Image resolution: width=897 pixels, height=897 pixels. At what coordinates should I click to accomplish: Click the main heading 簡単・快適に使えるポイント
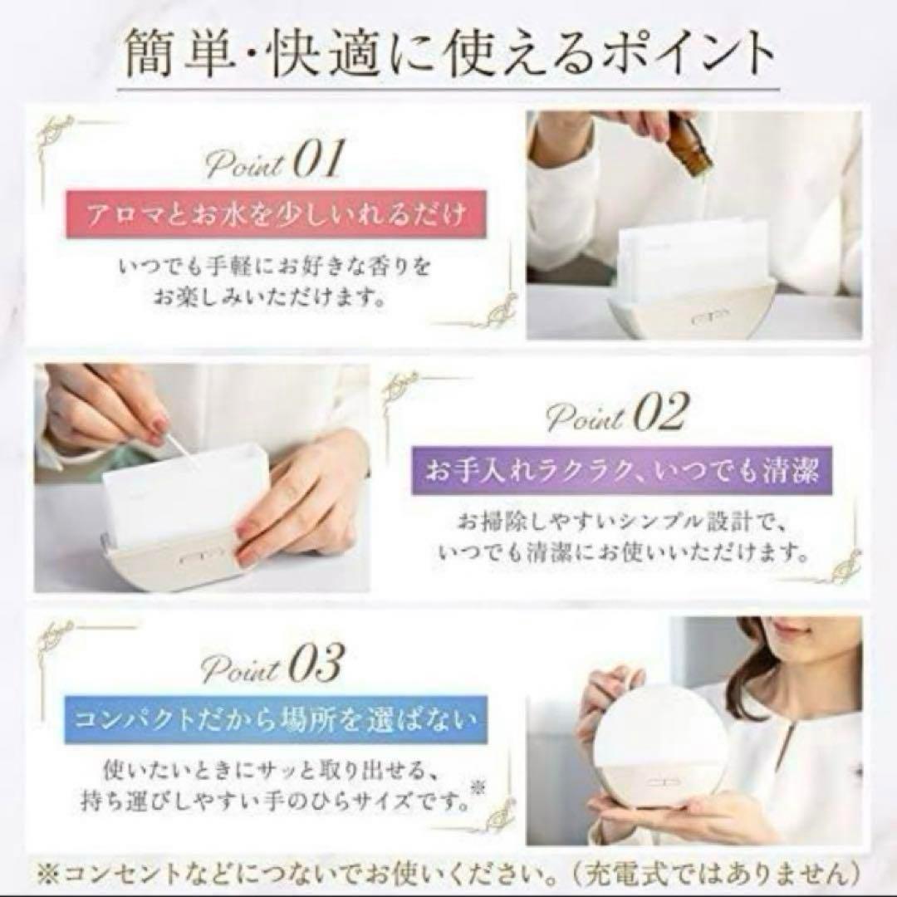click(448, 54)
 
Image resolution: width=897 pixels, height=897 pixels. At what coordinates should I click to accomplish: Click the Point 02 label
click(615, 414)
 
